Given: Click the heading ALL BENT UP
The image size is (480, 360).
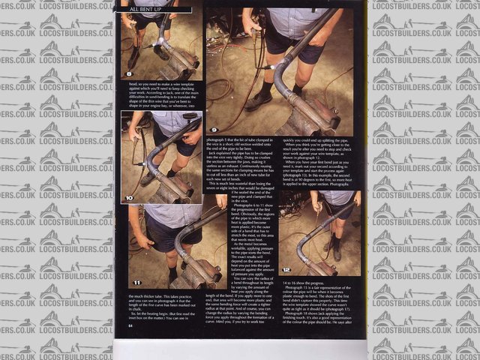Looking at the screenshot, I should (148, 9).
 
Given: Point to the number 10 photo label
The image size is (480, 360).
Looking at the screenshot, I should (129, 198).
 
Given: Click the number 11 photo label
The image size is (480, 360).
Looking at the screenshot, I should (136, 282).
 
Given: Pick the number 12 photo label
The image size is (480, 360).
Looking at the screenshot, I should (286, 268).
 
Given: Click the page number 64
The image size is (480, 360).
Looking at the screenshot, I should (130, 325).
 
